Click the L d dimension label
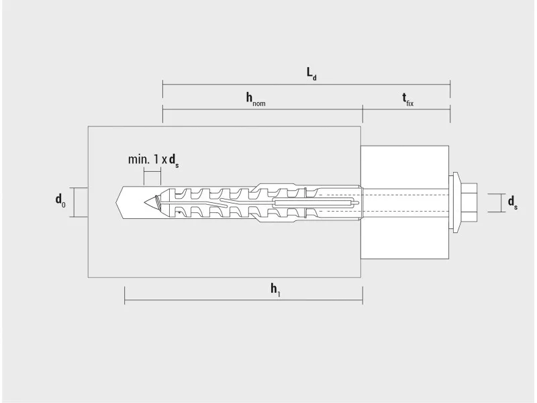[311, 74]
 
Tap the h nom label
[256, 99]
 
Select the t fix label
[407, 99]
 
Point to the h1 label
[275, 289]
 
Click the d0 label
[60, 200]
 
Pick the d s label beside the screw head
[513, 203]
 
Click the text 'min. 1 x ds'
[154, 161]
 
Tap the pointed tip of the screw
[144, 203]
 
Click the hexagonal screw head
[469, 203]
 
